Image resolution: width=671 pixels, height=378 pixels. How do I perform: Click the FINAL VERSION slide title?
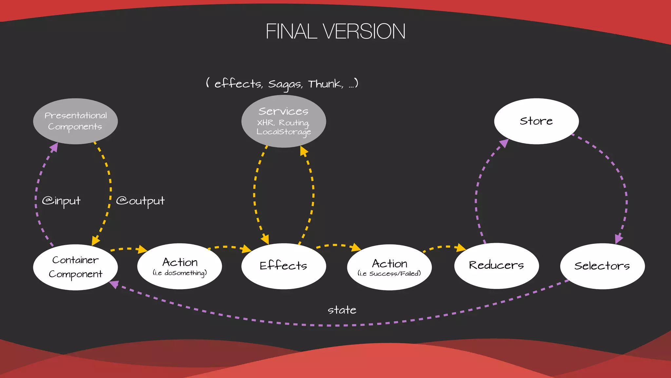click(335, 31)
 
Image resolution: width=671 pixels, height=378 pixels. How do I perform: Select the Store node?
click(536, 121)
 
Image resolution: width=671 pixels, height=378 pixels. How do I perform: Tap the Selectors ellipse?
click(602, 266)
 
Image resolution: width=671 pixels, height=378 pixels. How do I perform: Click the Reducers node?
click(496, 265)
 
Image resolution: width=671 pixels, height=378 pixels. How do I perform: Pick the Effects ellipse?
click(283, 266)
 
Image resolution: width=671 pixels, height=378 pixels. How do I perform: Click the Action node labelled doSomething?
click(180, 266)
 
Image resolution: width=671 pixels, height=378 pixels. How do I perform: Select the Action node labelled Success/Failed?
click(389, 267)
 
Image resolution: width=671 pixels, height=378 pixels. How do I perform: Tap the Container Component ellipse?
click(75, 267)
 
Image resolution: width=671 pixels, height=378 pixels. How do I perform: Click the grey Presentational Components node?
click(75, 121)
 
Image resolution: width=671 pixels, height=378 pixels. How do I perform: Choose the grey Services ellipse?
click(283, 121)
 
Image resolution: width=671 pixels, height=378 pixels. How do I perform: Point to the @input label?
click(61, 201)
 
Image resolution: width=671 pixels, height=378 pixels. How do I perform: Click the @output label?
click(140, 201)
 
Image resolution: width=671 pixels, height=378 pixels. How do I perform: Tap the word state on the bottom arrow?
click(342, 310)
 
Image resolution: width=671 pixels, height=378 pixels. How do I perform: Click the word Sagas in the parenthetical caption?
click(285, 84)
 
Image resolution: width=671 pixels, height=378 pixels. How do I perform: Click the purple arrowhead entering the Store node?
click(504, 143)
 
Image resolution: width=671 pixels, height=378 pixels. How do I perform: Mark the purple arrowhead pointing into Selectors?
click(619, 239)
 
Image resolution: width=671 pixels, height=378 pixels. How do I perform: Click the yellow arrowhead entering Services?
click(304, 151)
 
